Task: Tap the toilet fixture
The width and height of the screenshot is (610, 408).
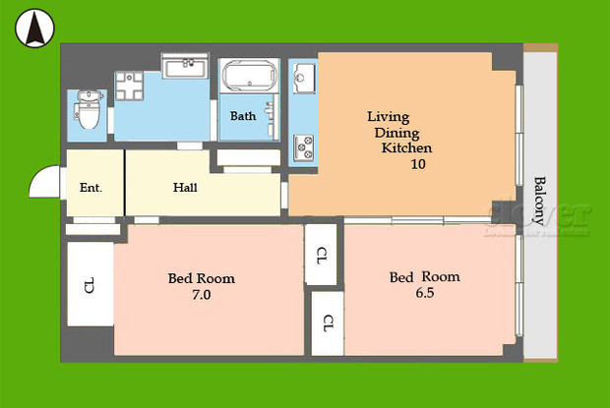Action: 88,110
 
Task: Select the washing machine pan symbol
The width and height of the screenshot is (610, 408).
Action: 130,89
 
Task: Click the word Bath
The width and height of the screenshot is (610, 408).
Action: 243,116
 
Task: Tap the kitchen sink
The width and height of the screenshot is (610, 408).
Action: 303,76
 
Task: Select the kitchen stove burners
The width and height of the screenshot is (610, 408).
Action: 303,146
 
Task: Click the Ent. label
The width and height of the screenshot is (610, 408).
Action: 91,187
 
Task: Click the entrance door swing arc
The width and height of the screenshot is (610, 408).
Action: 44,182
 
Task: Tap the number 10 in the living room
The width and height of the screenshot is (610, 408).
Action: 418,164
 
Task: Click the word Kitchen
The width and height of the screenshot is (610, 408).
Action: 407,148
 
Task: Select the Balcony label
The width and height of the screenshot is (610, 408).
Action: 539,202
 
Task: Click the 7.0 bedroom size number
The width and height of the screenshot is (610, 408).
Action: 202,294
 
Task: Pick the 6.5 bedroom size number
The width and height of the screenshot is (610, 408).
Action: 424,293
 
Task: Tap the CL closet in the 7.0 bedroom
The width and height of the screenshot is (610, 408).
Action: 90,286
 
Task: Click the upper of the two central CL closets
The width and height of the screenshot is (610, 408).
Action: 322,256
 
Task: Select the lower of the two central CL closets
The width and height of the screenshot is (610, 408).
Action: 328,322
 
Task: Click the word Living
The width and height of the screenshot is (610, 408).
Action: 389,116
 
